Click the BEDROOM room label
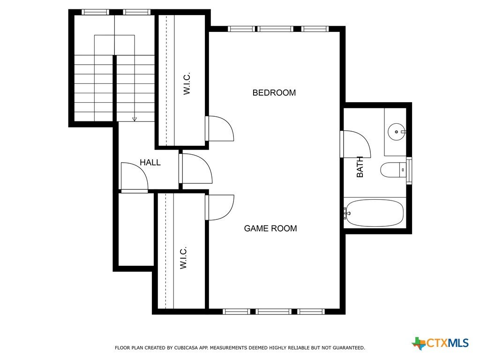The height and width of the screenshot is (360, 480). [x=274, y=93]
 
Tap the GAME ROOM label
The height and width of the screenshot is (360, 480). [x=270, y=228]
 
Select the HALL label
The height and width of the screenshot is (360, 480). [x=150, y=163]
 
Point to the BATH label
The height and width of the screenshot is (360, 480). [x=360, y=167]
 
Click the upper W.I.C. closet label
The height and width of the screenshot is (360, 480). [x=187, y=83]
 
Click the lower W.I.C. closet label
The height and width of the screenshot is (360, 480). [x=183, y=258]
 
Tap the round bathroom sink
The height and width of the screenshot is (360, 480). [x=397, y=132]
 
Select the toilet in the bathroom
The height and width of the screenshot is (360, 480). [x=393, y=170]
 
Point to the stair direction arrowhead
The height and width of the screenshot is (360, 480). [x=135, y=119]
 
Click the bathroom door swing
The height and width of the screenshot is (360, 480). [x=356, y=144]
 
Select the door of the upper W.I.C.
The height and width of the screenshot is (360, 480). [x=219, y=128]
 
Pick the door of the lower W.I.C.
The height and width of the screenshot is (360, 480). [x=219, y=208]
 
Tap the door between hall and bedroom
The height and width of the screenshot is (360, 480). [x=195, y=169]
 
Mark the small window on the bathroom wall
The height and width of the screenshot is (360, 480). [x=409, y=171]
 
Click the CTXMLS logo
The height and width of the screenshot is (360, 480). [x=440, y=343]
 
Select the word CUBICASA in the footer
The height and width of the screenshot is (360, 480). [x=186, y=348]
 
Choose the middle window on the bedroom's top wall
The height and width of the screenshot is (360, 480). [x=275, y=29]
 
